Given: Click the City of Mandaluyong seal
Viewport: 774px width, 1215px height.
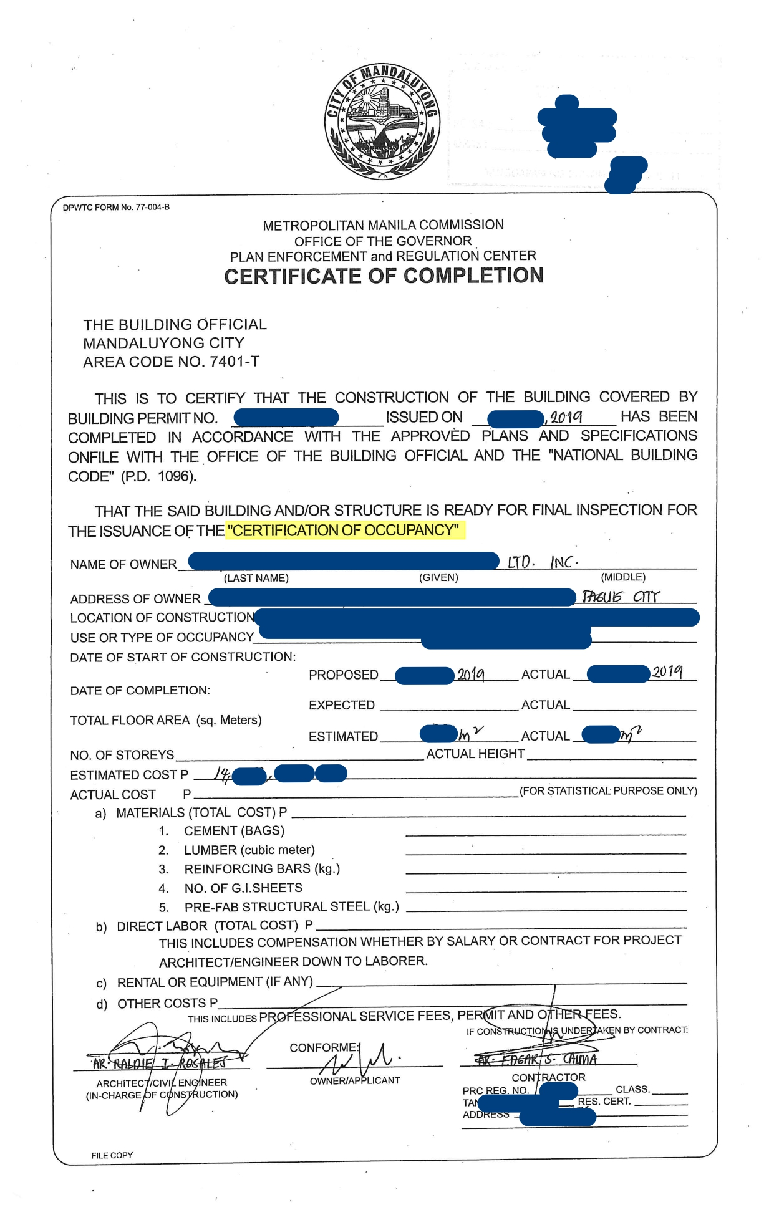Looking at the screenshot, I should [x=382, y=122].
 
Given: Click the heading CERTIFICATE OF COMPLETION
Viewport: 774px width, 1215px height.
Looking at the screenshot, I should [x=384, y=276].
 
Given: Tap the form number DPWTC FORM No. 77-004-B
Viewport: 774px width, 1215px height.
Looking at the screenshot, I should [x=116, y=207].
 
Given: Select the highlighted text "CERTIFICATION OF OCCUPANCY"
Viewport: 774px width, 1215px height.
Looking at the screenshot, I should [x=345, y=531].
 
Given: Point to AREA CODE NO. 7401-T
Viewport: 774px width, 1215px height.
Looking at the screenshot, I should [x=171, y=362].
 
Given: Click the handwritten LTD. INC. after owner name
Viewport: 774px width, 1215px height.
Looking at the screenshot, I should [x=543, y=562].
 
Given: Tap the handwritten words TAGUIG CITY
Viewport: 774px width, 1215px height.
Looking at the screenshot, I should [x=620, y=597].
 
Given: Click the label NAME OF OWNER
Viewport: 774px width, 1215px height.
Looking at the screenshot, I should [x=123, y=565].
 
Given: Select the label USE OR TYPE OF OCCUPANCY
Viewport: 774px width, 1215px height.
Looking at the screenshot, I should [x=162, y=637].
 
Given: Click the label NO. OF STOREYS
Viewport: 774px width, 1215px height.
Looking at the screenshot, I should [x=122, y=755].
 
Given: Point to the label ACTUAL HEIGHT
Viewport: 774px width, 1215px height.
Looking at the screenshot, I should [x=475, y=754].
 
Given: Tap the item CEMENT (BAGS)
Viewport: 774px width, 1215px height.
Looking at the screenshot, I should [x=234, y=831].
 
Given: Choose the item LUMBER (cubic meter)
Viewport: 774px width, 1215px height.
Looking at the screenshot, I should [x=249, y=850].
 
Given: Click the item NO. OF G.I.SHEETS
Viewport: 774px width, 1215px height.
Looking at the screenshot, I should [x=243, y=888].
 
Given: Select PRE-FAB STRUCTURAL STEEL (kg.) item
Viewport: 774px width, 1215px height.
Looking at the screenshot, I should [x=291, y=906].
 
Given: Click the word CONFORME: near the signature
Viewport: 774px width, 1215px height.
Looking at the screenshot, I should [x=324, y=1047].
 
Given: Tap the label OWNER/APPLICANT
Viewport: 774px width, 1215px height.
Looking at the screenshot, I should [x=355, y=1080].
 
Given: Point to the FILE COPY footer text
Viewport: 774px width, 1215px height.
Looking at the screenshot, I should [x=112, y=1155].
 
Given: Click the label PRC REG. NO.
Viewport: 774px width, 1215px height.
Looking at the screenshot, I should [x=496, y=1090].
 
